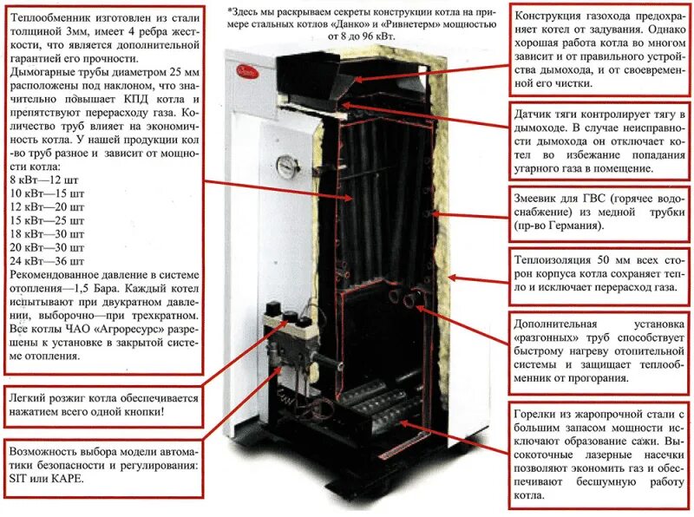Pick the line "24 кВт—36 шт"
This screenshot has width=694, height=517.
[x=45, y=259]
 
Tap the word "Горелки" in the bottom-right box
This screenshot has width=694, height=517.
[x=540, y=415]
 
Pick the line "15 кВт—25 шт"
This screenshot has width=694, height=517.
[x=47, y=219]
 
